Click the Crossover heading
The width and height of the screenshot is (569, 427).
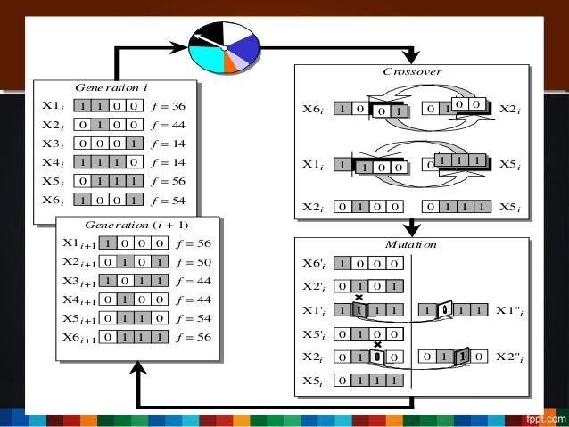411,70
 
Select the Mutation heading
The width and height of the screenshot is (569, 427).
411,242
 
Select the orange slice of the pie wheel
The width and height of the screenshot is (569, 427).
232,64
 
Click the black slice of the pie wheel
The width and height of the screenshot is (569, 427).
211,36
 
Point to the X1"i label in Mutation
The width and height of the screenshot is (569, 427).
512,310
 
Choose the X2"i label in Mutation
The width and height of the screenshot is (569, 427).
512,357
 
